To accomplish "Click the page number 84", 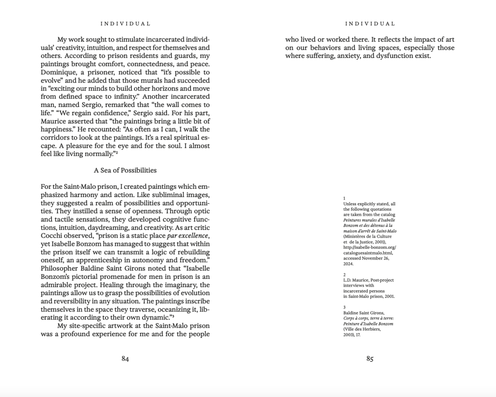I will (125, 359).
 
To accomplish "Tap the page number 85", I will (370, 359).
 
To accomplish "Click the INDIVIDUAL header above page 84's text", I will (125, 24).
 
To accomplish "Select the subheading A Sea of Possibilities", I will (125, 170).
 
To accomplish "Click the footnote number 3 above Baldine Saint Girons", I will (344, 307).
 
